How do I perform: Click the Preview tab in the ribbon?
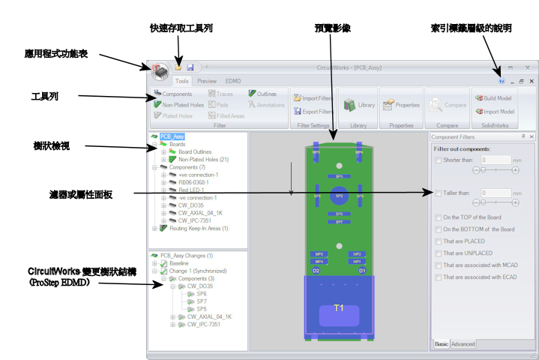pos(207,81)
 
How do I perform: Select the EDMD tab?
pos(233,81)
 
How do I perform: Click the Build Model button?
pos(493,98)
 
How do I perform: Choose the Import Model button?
pos(493,112)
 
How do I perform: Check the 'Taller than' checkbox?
pos(438,193)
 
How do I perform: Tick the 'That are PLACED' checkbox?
pos(438,241)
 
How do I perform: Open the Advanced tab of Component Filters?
pos(463,344)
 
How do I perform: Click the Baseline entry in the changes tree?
pos(178,263)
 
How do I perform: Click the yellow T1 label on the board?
pos(339,308)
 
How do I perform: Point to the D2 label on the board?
pos(316,270)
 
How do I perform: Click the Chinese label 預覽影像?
pos(332,28)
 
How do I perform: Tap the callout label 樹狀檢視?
pos(51,145)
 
